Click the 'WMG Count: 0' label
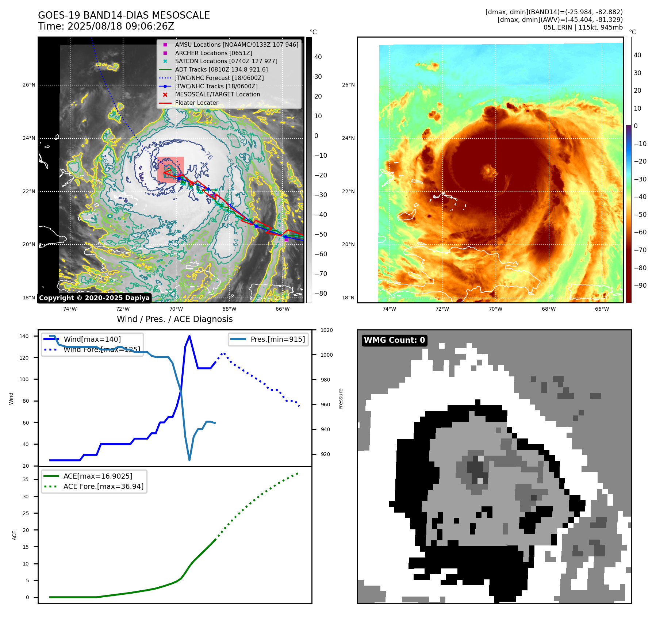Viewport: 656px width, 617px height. pyautogui.click(x=394, y=340)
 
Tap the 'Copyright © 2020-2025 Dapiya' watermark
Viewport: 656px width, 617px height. pyautogui.click(x=94, y=298)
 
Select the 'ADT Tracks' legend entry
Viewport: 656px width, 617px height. pyautogui.click(x=221, y=69)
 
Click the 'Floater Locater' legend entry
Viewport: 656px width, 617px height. pyautogui.click(x=196, y=103)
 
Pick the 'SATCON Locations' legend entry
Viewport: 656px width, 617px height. pyautogui.click(x=226, y=61)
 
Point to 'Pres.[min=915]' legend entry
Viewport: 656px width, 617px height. pyautogui.click(x=277, y=339)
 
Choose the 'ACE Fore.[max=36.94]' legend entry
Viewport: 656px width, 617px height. pyautogui.click(x=103, y=486)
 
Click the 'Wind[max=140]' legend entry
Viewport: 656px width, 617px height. pyautogui.click(x=92, y=339)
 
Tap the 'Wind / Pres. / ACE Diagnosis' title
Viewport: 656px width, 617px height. pyautogui.click(x=174, y=319)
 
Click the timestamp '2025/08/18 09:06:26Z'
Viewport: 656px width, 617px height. pyautogui.click(x=121, y=26)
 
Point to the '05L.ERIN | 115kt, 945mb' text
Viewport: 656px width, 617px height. pyautogui.click(x=583, y=27)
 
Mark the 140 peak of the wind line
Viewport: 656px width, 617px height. pyautogui.click(x=189, y=336)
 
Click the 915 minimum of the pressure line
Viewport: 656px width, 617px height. pyautogui.click(x=189, y=460)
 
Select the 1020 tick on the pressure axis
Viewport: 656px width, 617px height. pyautogui.click(x=326, y=330)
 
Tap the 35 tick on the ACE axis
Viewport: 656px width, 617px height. pyautogui.click(x=26, y=479)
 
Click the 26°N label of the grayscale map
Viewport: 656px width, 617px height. pyautogui.click(x=29, y=85)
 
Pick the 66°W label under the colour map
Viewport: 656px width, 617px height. pyautogui.click(x=602, y=309)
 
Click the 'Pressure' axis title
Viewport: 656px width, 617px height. pyautogui.click(x=341, y=399)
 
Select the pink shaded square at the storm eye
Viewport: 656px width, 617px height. pyautogui.click(x=170, y=170)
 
